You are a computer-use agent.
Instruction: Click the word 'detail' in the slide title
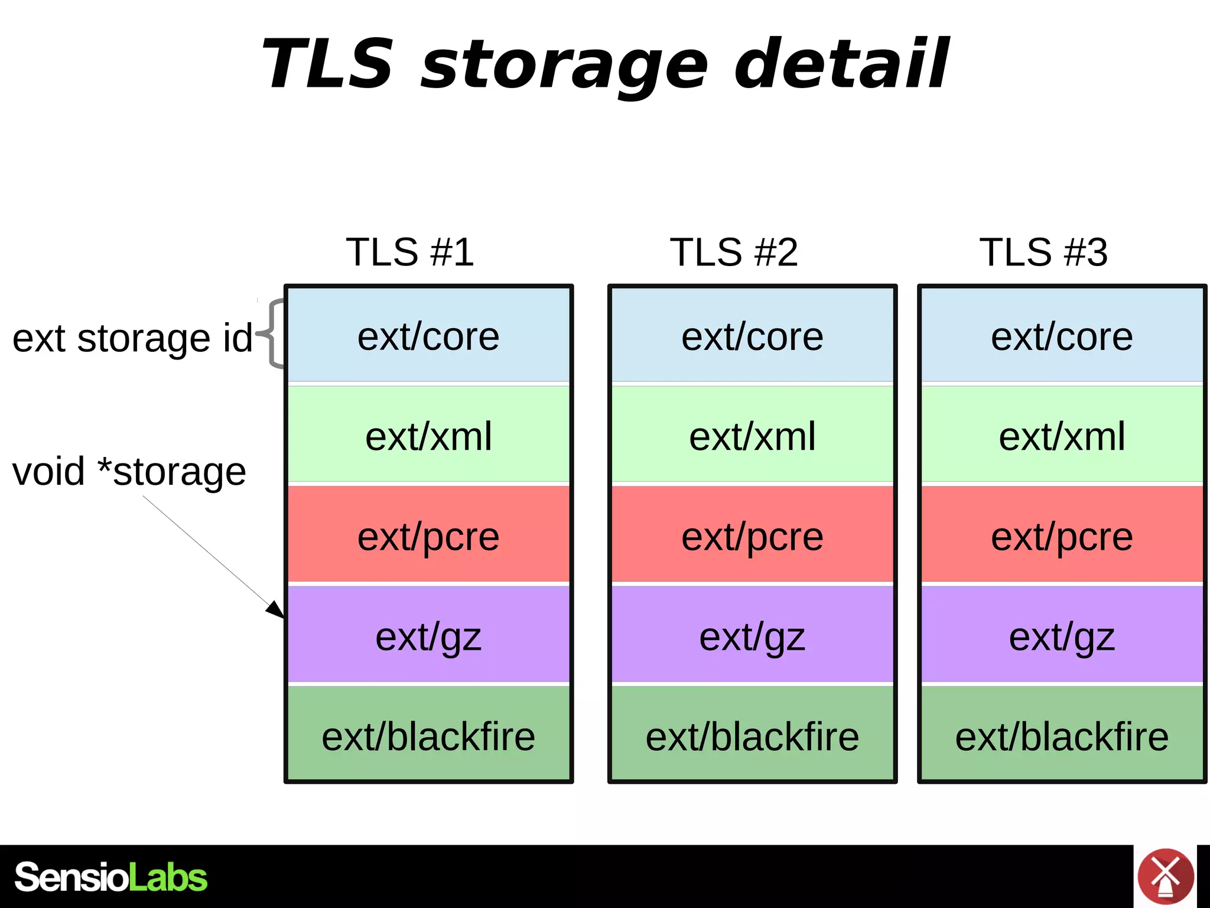coord(841,64)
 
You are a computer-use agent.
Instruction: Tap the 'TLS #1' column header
coord(409,252)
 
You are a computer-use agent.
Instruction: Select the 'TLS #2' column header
coord(733,252)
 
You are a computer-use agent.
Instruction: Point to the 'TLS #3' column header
coord(1043,252)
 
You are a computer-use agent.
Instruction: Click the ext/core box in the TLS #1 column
coord(428,336)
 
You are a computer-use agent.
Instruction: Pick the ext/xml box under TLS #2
coord(752,436)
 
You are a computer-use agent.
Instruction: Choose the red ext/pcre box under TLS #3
coord(1062,536)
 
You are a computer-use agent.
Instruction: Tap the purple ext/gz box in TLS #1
coord(428,636)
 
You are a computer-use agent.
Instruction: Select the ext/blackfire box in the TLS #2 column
coord(752,736)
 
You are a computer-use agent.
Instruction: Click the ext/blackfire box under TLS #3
coord(1062,736)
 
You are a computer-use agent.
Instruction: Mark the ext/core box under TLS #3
coord(1062,336)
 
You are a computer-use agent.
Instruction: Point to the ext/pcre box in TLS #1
coord(428,536)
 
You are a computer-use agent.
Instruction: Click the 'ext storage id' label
coord(132,338)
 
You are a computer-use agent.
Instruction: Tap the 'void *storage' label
coord(129,472)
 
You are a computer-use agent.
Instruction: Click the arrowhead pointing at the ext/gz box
coord(276,609)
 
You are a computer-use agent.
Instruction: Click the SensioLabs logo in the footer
coord(111,877)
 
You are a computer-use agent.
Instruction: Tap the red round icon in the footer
coord(1165,877)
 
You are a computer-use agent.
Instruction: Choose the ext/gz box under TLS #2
coord(752,636)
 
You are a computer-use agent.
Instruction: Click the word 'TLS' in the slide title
coord(328,64)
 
